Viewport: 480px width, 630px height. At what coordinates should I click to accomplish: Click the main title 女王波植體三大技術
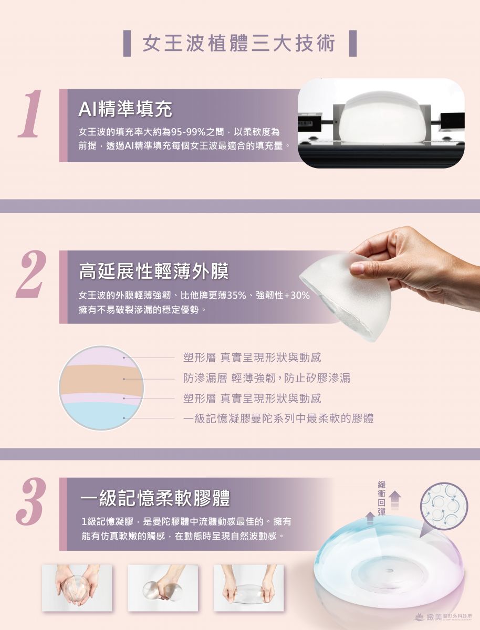coord(239,44)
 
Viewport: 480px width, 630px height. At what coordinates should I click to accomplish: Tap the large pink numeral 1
coord(30,113)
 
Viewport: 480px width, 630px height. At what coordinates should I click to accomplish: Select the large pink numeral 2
coord(30,274)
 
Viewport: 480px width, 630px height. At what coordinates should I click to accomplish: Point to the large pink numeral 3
coord(30,501)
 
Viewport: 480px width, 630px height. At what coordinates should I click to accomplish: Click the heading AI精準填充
coord(125,109)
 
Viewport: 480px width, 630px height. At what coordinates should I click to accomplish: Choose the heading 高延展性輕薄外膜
coord(154,271)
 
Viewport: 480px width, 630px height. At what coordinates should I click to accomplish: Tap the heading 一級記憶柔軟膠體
coord(155,498)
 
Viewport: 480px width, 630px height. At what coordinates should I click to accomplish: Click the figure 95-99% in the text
coord(188,132)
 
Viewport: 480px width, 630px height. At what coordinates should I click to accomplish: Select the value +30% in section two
coord(297,296)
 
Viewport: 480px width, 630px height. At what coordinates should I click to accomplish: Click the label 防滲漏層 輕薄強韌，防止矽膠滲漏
coord(267,379)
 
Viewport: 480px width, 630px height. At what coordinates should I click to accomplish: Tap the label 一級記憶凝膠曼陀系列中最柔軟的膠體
coord(278,418)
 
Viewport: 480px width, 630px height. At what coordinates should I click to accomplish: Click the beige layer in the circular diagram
coord(101,381)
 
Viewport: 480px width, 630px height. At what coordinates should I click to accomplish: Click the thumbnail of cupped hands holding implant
coord(77,588)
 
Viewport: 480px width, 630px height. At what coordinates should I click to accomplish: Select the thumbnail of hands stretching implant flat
coord(248,588)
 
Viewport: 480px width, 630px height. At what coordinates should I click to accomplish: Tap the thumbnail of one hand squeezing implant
coord(163,588)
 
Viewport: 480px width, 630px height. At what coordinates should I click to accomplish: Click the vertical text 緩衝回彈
coord(381,498)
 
